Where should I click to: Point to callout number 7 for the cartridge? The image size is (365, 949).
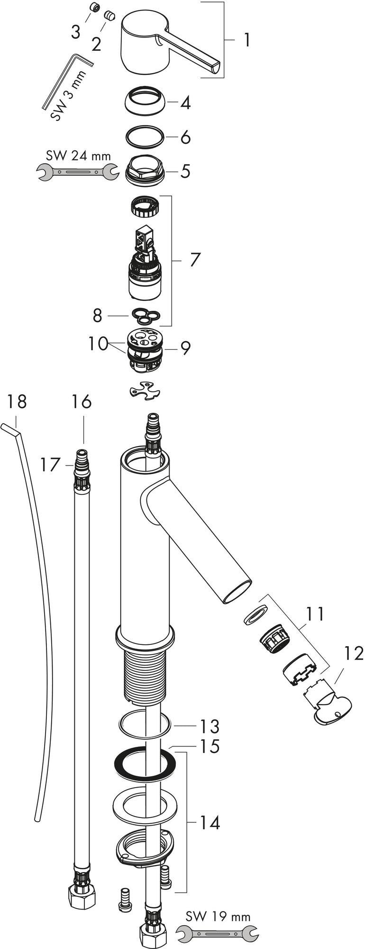[x=195, y=260]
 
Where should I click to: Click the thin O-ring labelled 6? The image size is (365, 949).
[x=146, y=137]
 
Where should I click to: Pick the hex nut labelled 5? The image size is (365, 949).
[x=146, y=170]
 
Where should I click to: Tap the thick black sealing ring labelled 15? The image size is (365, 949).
[x=146, y=763]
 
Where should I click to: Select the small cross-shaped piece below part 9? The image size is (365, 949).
[x=145, y=390]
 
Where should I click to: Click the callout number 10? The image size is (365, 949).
[x=98, y=343]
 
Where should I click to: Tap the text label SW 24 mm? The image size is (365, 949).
[x=78, y=156]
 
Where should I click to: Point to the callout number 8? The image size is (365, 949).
[x=98, y=316]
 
